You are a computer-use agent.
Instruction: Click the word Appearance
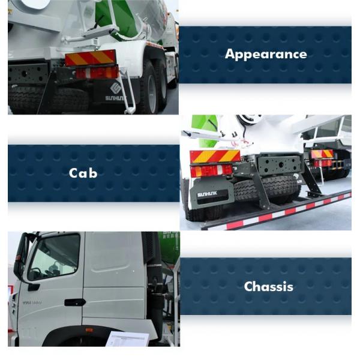click(266, 55)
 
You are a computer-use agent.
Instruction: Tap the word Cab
click(83, 173)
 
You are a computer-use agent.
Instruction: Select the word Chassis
click(269, 286)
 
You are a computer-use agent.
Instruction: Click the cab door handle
click(75, 302)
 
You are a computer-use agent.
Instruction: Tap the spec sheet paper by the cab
click(127, 339)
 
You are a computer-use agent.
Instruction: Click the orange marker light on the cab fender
click(89, 330)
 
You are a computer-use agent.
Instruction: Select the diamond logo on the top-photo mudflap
click(116, 88)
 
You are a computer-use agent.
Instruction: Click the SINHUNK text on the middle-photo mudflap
click(208, 194)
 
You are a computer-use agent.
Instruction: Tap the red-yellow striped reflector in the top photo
click(90, 58)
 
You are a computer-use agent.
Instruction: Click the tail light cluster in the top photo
click(97, 72)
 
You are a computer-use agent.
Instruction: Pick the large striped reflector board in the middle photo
click(215, 156)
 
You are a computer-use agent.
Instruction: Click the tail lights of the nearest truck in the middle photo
click(212, 171)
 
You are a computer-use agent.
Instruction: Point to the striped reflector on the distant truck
click(322, 154)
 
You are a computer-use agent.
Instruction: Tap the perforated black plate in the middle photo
click(279, 164)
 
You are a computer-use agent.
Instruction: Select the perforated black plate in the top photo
click(28, 73)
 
